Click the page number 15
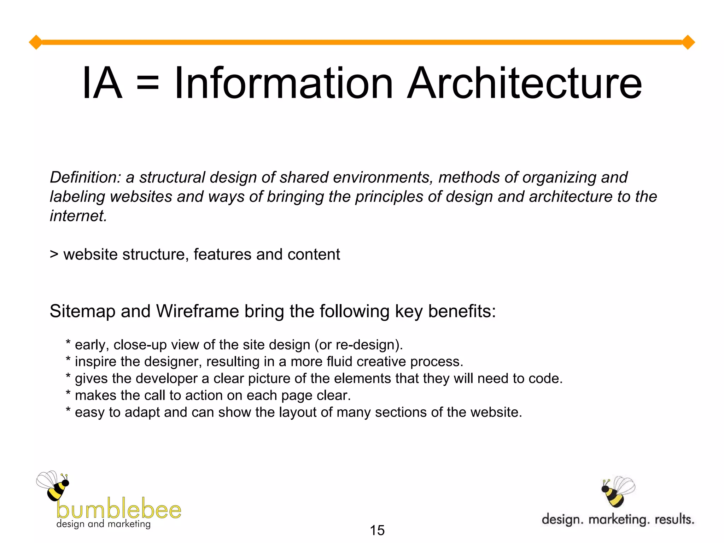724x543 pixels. [377, 530]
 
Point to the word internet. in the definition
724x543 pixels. [78, 216]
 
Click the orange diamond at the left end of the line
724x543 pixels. [36, 42]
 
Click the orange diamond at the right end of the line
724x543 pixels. [688, 42]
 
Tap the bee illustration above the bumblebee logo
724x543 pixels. [54, 486]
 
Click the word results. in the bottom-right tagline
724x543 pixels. [675, 520]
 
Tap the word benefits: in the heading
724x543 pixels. [462, 311]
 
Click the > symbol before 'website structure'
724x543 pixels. [54, 255]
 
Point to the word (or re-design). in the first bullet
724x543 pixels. [359, 345]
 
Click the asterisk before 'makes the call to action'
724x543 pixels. [69, 394]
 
